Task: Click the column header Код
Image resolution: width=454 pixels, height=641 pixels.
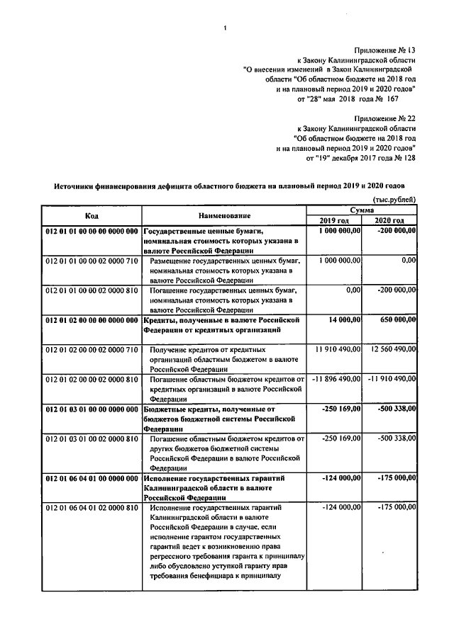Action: pyautogui.click(x=92, y=215)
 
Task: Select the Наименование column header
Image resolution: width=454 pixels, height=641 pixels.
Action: pyautogui.click(x=224, y=215)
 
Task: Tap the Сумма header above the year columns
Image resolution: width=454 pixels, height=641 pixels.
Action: pyautogui.click(x=362, y=210)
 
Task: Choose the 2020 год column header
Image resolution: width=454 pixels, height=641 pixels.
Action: pyautogui.click(x=389, y=221)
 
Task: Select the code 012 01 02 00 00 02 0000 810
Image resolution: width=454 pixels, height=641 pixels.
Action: pyautogui.click(x=92, y=380)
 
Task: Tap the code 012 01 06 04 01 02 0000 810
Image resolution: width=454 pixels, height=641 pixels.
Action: pyautogui.click(x=92, y=508)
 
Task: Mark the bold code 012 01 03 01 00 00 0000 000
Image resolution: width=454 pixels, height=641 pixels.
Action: pyautogui.click(x=92, y=409)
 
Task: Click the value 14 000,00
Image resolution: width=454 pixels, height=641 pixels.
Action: pyautogui.click(x=345, y=320)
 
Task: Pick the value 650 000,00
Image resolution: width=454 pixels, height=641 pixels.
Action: pyautogui.click(x=392, y=320)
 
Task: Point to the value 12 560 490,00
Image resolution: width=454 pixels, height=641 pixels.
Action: pyautogui.click(x=389, y=350)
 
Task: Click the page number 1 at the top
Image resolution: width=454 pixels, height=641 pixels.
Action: pyautogui.click(x=225, y=29)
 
